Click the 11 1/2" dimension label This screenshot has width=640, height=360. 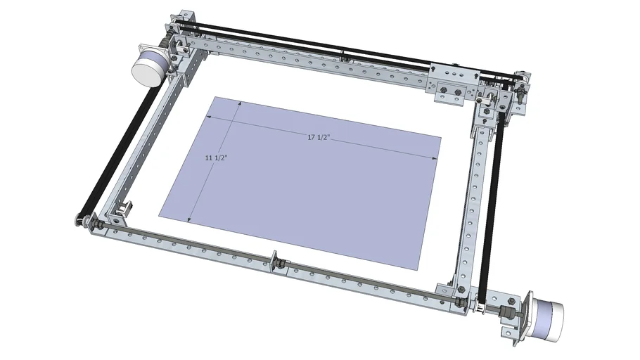tap(215, 158)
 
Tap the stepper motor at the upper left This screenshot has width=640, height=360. tap(150, 65)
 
